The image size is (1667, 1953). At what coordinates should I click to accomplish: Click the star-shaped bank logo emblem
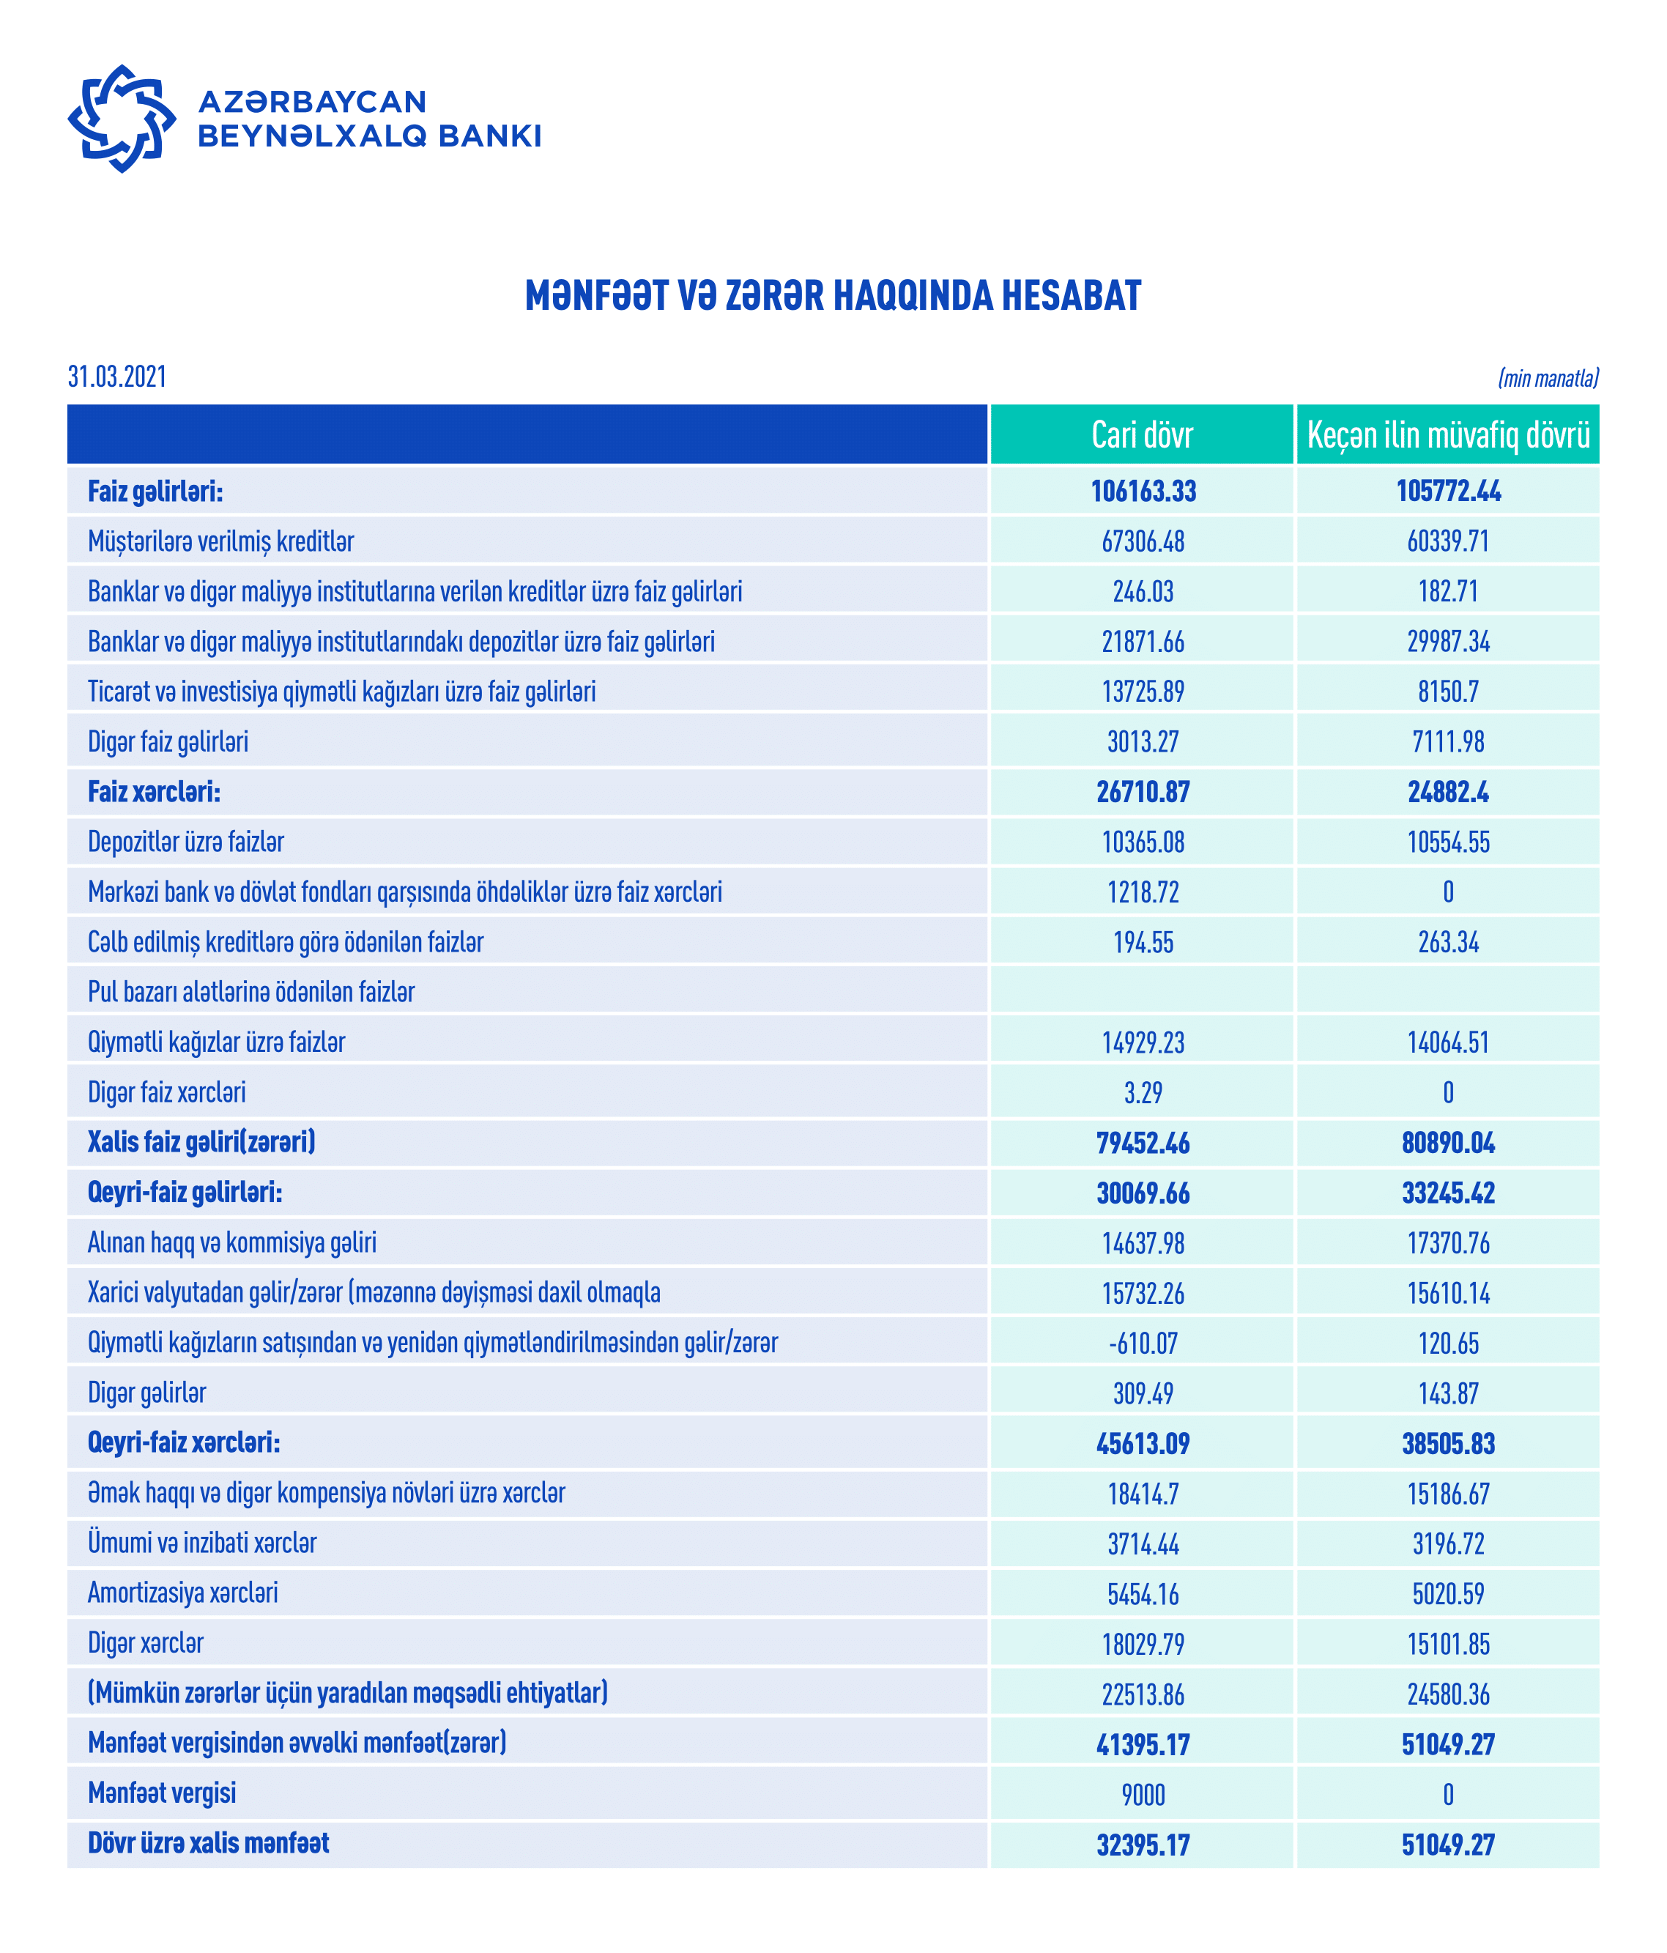click(x=122, y=119)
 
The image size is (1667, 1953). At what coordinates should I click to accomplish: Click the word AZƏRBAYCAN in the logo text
click(x=312, y=102)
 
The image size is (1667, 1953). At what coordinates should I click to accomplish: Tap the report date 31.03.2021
click(x=117, y=377)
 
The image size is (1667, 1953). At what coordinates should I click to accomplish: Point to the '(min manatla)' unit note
click(x=1548, y=379)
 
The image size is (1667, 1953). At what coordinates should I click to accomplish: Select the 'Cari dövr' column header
click(x=1142, y=434)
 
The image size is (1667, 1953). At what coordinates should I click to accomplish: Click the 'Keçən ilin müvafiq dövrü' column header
click(x=1449, y=434)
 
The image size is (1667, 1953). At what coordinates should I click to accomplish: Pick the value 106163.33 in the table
click(x=1143, y=491)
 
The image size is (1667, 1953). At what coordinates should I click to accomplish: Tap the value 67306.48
click(x=1143, y=542)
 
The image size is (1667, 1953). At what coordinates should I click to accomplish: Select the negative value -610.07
click(x=1143, y=1344)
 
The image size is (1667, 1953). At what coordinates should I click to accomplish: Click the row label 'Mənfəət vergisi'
click(x=162, y=1793)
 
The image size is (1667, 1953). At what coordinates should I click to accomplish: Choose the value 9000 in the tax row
click(x=1143, y=1795)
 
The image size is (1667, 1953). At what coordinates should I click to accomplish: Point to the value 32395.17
click(x=1143, y=1845)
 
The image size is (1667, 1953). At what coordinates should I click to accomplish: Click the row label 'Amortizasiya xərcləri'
click(x=183, y=1593)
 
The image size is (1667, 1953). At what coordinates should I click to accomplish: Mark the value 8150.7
click(x=1449, y=692)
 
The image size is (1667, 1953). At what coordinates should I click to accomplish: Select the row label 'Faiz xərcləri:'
click(x=155, y=792)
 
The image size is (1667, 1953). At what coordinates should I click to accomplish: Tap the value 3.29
click(x=1143, y=1092)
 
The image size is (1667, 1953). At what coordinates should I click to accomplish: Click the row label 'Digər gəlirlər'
click(x=147, y=1392)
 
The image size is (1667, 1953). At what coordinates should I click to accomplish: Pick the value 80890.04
click(x=1449, y=1144)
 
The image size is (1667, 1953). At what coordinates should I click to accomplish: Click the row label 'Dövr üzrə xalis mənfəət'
click(x=208, y=1842)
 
